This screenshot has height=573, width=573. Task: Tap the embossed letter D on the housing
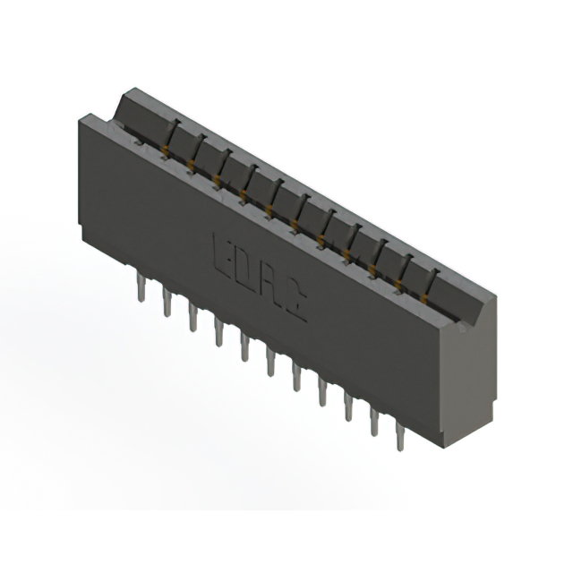click(x=245, y=262)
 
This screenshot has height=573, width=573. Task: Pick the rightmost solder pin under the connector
click(x=399, y=440)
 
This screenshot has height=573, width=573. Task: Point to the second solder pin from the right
click(x=373, y=424)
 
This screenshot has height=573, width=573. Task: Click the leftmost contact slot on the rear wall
click(x=175, y=124)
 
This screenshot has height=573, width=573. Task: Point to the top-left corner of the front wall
click(x=86, y=115)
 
